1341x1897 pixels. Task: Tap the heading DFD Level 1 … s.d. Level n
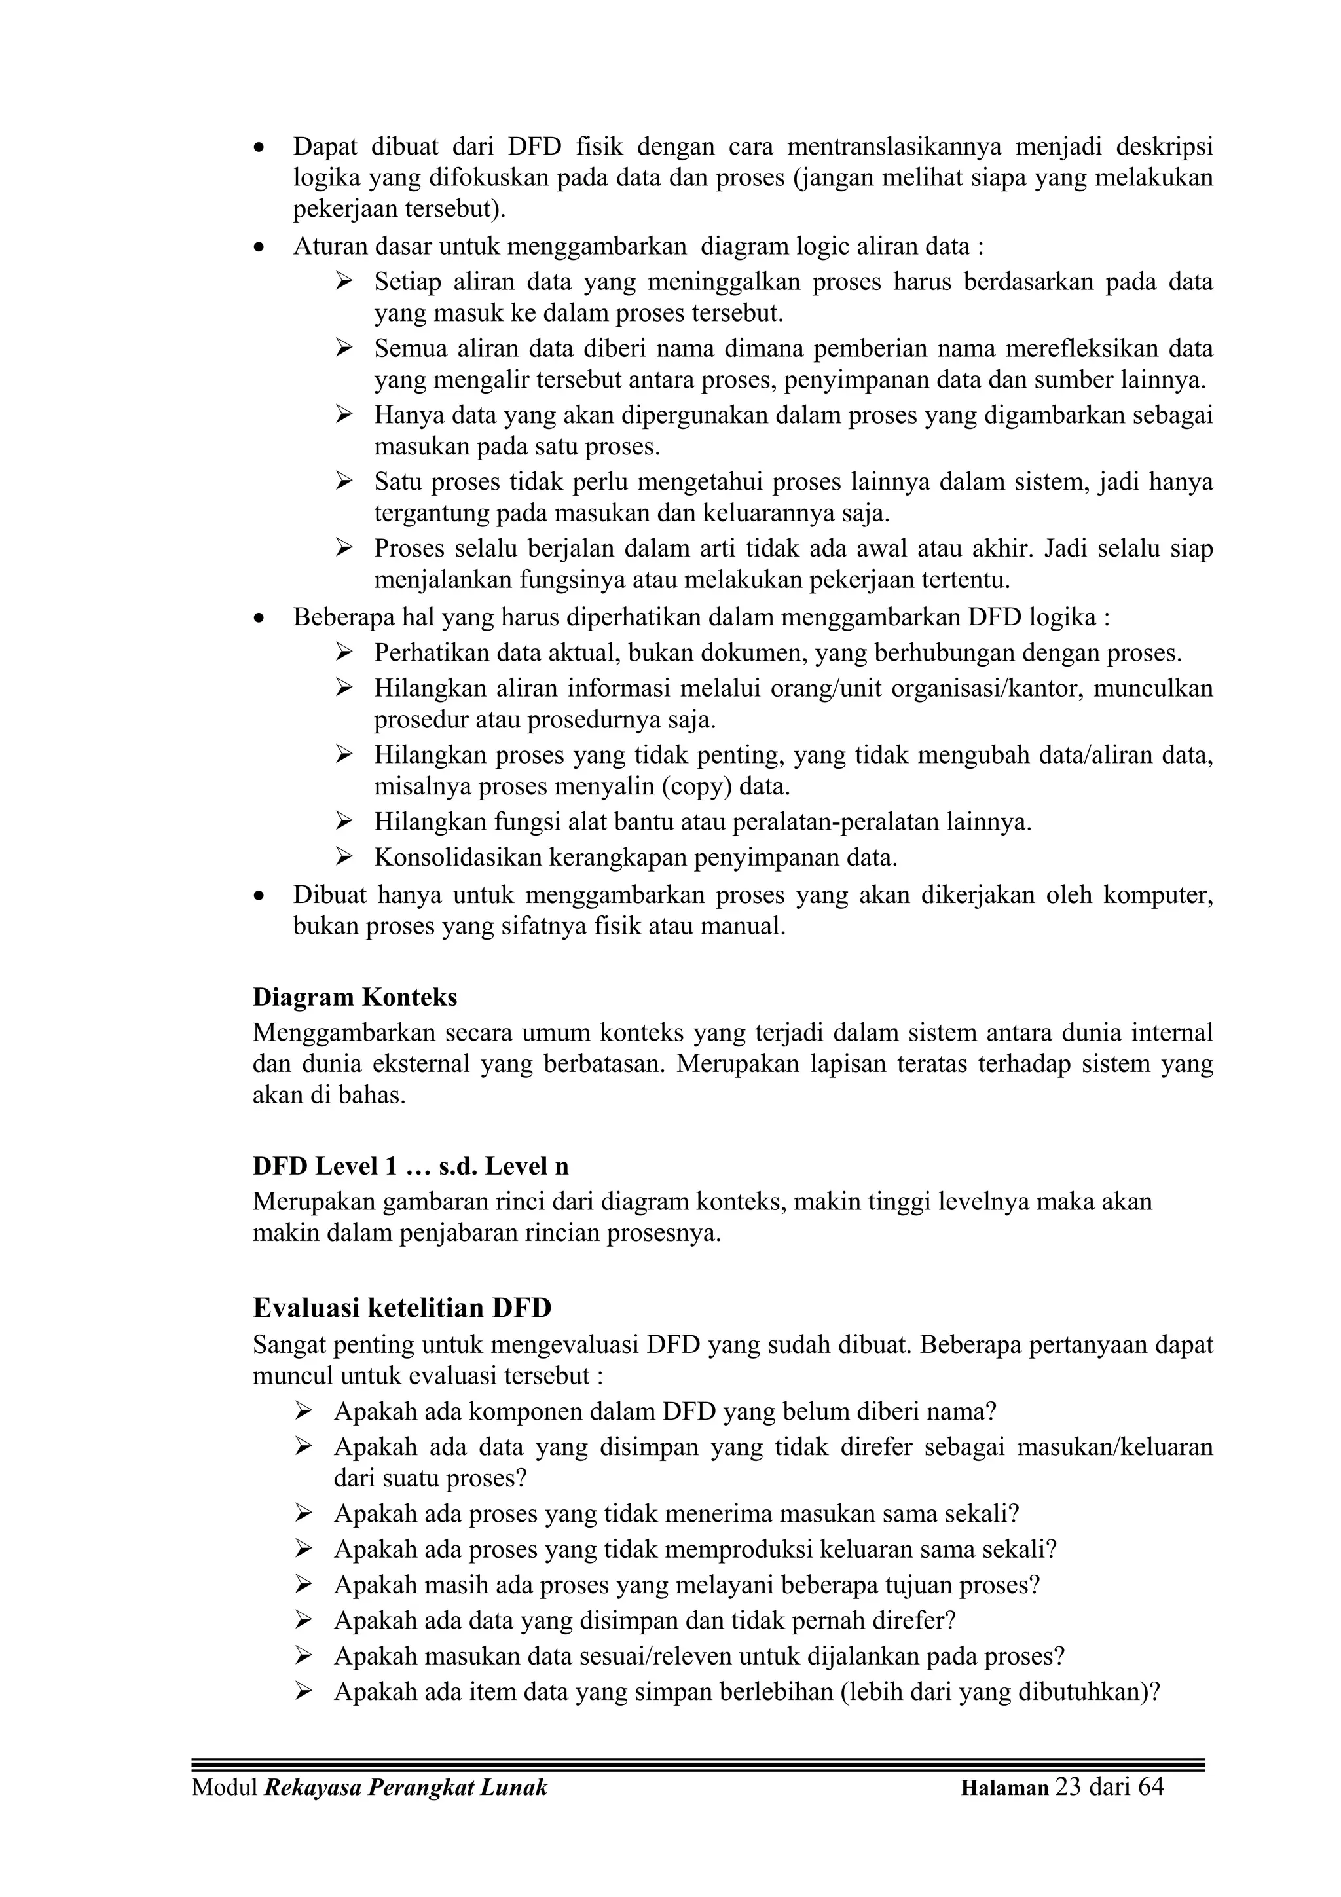[410, 1166]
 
